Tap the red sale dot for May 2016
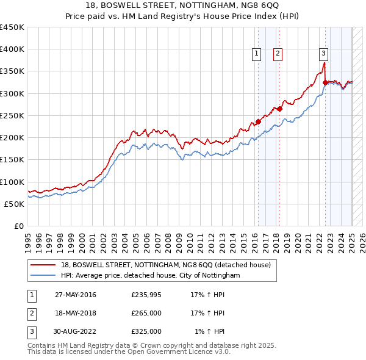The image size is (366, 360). click(258, 121)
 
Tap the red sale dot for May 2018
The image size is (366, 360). click(279, 109)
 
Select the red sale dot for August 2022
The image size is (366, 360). click(325, 82)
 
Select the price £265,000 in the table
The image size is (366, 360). click(146, 314)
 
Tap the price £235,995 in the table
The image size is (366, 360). click(146, 295)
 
